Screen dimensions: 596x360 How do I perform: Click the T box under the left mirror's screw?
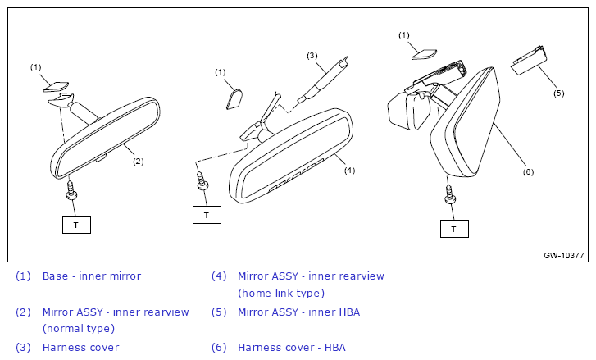[x=76, y=225]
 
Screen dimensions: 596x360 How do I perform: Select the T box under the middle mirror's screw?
[x=207, y=215]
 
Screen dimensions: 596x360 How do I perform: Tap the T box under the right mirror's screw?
[x=454, y=229]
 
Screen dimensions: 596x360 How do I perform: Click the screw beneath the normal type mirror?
[x=71, y=190]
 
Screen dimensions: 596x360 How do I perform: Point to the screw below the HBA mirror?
[x=450, y=194]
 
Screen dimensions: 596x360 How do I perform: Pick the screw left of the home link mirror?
[x=202, y=181]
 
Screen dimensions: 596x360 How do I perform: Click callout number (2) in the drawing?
[x=139, y=162]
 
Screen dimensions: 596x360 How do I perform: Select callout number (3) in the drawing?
[x=312, y=56]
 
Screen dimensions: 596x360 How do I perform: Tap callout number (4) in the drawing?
[x=350, y=171]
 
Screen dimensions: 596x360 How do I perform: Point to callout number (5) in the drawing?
[x=559, y=93]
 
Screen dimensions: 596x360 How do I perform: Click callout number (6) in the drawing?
[x=528, y=172]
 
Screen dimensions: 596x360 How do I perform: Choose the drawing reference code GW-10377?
[x=564, y=256]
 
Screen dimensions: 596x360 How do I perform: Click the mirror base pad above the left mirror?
[x=56, y=87]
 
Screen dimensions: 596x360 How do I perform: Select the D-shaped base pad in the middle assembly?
[x=234, y=98]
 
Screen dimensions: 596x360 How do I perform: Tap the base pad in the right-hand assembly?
[x=424, y=54]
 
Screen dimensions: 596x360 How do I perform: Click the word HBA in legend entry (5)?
[x=349, y=312]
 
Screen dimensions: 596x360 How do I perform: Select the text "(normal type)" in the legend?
[x=79, y=329]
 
